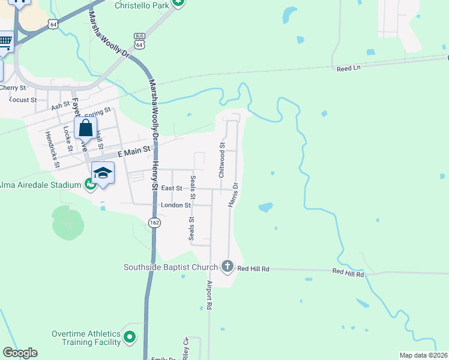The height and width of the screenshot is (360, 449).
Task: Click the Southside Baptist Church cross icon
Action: coord(227,266)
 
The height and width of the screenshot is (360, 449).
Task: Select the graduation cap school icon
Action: coord(103,173)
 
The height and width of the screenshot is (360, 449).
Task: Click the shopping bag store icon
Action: coord(85,127)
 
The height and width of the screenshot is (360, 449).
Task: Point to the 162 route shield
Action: coord(154,223)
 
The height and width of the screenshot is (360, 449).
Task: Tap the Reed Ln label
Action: coord(348,68)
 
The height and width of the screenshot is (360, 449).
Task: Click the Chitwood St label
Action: coord(221,160)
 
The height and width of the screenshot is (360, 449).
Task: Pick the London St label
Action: coord(175,205)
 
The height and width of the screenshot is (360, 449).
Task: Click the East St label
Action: coord(172,188)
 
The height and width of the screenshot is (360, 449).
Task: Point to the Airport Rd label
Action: coord(209,295)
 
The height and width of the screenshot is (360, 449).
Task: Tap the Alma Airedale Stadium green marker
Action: coord(91,184)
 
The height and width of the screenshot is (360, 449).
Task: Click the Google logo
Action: coord(20,353)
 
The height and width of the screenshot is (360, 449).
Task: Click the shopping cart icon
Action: coord(5,41)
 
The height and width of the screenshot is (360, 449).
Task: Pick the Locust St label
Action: coord(23,100)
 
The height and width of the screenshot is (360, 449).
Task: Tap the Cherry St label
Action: coord(10,88)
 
